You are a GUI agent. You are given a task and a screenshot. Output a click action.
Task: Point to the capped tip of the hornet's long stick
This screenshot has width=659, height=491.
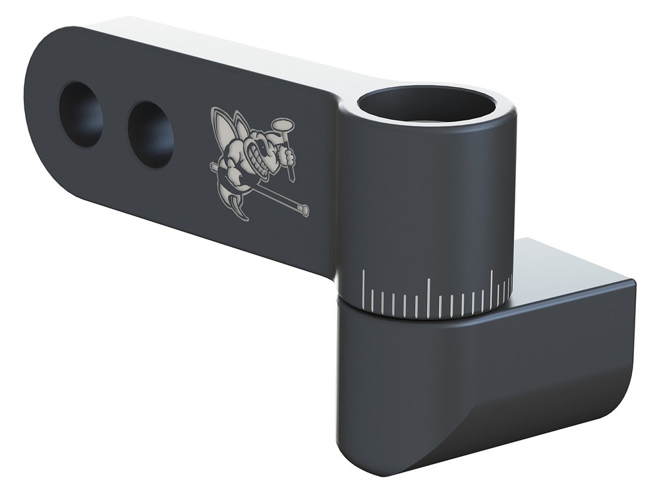[x=303, y=210]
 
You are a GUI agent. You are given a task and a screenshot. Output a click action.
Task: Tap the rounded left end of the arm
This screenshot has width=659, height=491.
[x=36, y=105]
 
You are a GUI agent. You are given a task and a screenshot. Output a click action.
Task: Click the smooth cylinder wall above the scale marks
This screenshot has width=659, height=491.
[x=428, y=198]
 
